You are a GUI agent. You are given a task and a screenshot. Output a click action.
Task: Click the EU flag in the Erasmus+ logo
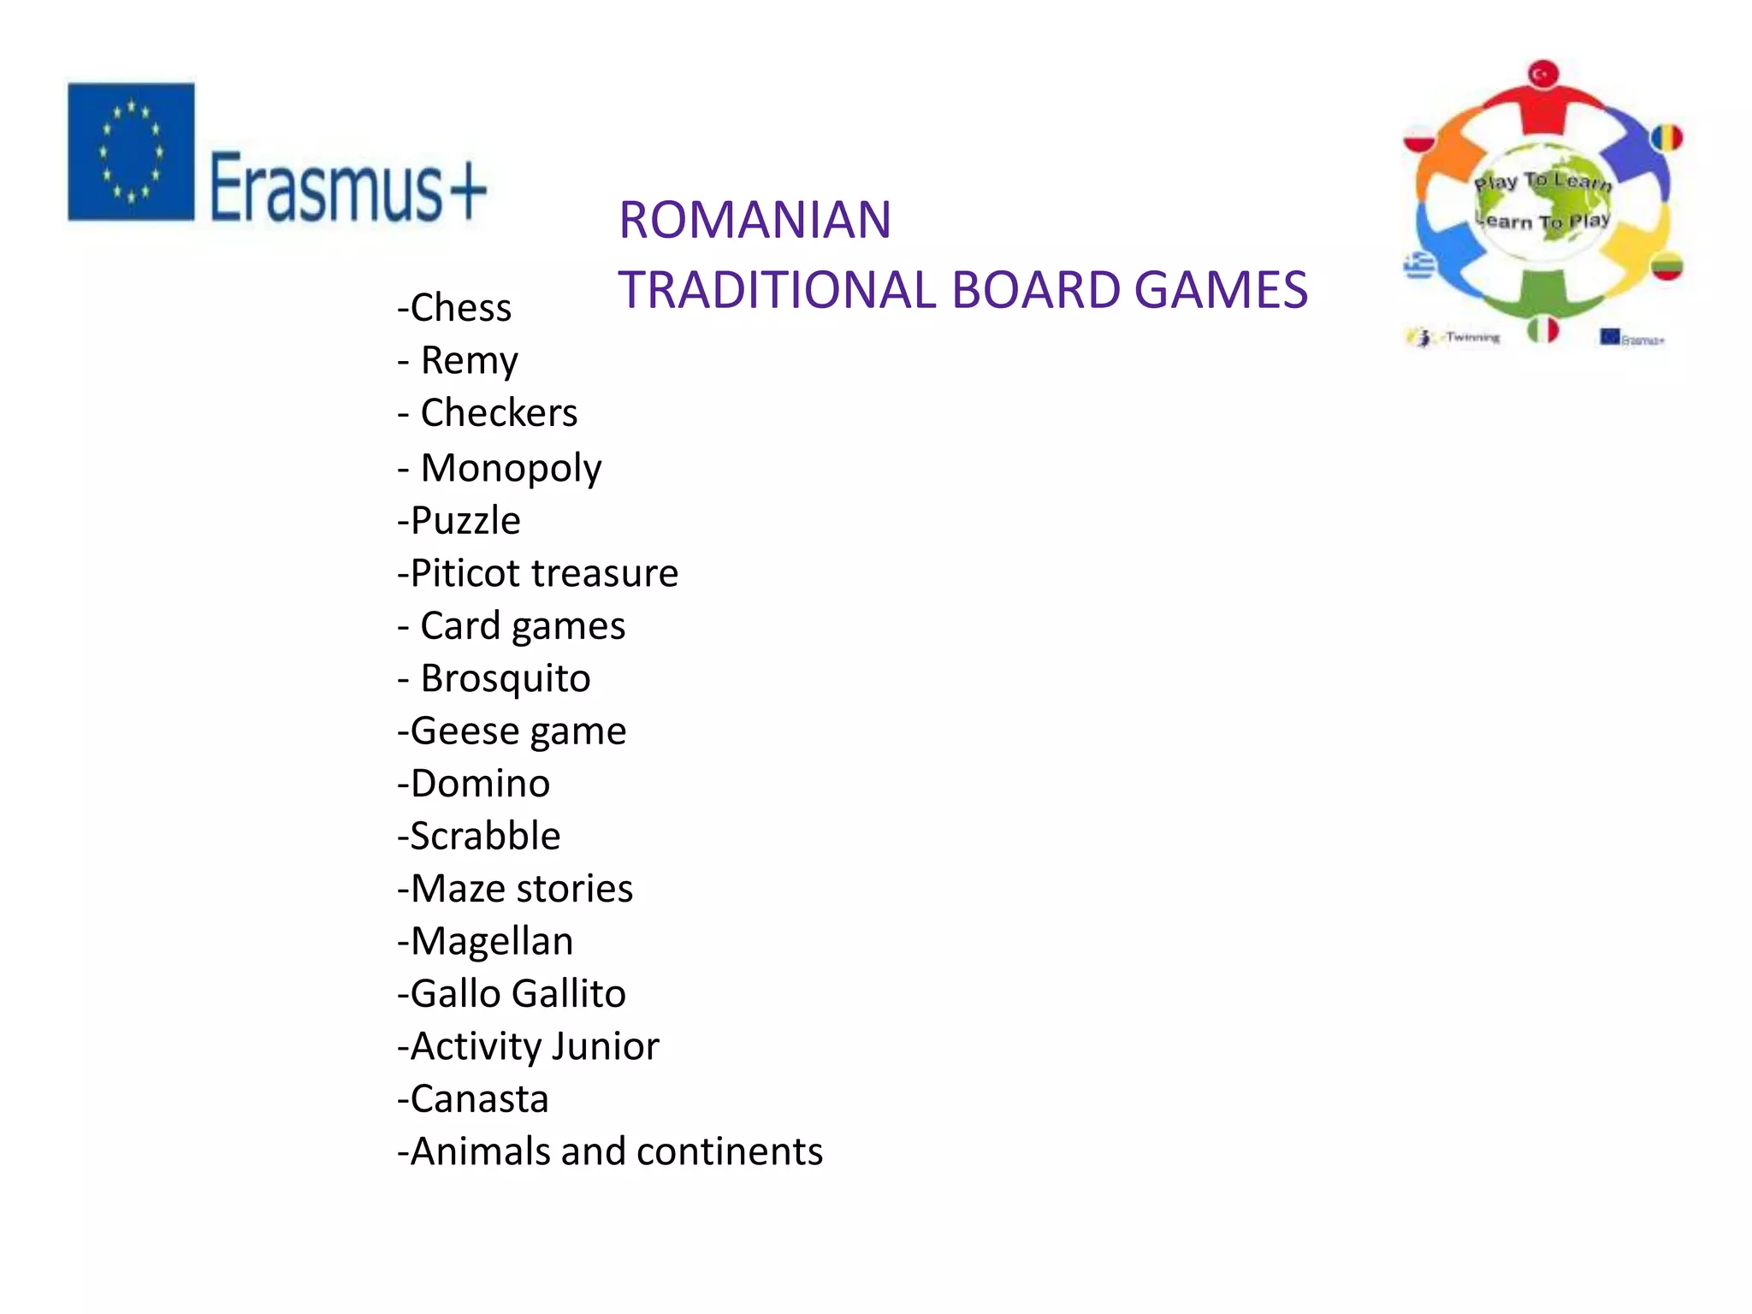pyautogui.click(x=131, y=151)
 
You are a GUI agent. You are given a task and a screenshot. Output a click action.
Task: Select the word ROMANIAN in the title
pyautogui.click(x=755, y=220)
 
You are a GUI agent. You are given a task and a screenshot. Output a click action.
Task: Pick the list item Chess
pyautogui.click(x=460, y=308)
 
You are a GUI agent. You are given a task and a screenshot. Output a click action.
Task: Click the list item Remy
pyautogui.click(x=469, y=361)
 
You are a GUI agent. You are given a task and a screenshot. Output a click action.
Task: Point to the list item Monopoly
pyautogui.click(x=511, y=468)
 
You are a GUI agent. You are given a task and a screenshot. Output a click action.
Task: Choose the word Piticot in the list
pyautogui.click(x=465, y=573)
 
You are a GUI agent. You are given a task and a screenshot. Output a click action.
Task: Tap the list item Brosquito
pyautogui.click(x=505, y=678)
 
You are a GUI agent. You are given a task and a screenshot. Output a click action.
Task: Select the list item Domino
pyautogui.click(x=480, y=784)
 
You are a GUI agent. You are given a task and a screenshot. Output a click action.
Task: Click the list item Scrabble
pyautogui.click(x=485, y=836)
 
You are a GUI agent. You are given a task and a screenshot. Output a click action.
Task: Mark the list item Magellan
pyautogui.click(x=492, y=941)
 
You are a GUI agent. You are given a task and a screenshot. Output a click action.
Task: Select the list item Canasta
pyautogui.click(x=479, y=1099)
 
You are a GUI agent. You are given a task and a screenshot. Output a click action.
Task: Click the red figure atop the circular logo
pyautogui.click(x=1542, y=98)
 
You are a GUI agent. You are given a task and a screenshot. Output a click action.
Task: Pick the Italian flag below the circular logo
pyautogui.click(x=1542, y=330)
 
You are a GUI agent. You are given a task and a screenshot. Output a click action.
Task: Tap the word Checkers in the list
pyautogui.click(x=499, y=413)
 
